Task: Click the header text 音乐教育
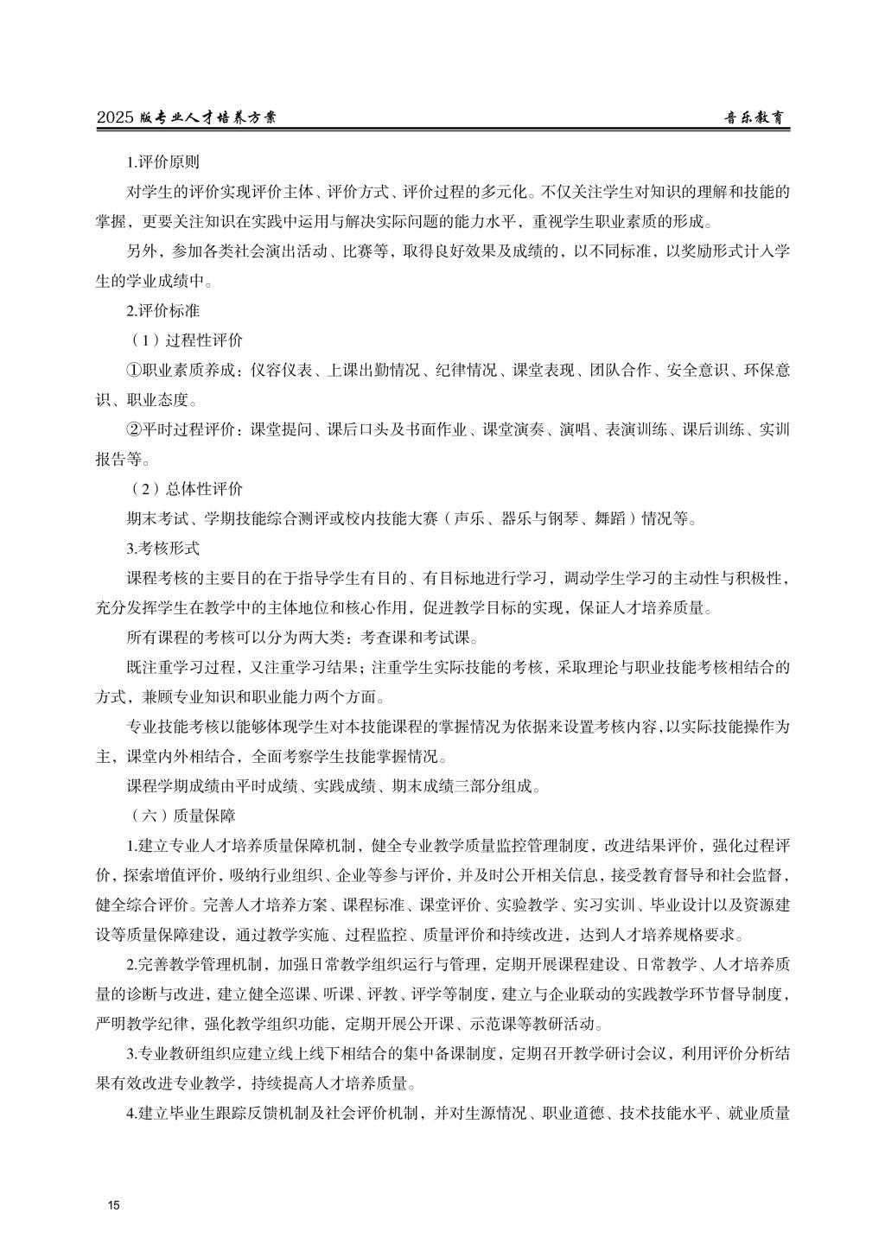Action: point(756,118)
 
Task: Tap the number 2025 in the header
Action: point(116,118)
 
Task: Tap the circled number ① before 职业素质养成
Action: point(134,370)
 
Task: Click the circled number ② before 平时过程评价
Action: point(134,429)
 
